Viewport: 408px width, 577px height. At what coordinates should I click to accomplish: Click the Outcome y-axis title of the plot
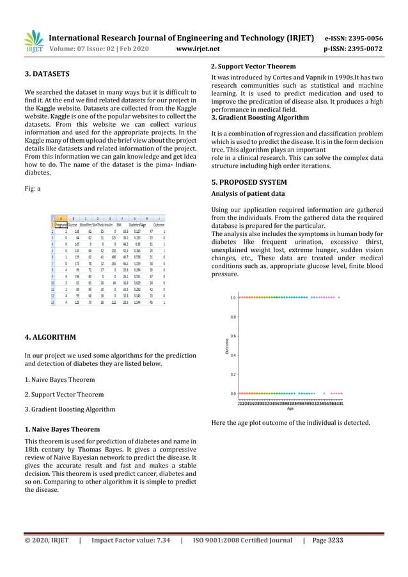pos(225,345)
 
